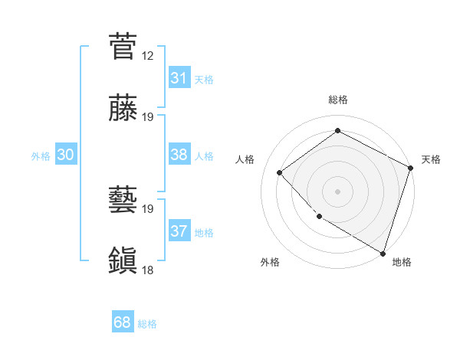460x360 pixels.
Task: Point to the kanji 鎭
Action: pos(123,261)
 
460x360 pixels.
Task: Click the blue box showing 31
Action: pos(179,77)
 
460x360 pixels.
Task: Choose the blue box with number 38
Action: pos(179,154)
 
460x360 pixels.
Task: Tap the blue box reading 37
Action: pos(179,231)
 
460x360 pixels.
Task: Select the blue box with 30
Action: pos(65,154)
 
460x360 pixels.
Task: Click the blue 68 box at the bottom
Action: pos(123,322)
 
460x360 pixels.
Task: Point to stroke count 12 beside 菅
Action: pos(148,55)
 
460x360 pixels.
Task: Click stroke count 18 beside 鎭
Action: pos(148,270)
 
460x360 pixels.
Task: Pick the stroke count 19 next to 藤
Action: pos(148,117)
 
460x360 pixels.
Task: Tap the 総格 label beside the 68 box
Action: pos(147,324)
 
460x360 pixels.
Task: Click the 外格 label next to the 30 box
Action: pos(41,155)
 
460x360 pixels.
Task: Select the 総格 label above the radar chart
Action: pos(338,100)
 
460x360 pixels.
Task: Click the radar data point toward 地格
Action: pos(383,252)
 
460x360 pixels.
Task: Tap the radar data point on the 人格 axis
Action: pos(280,172)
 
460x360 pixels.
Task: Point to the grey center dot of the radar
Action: pos(337,191)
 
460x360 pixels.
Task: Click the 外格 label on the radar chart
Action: pos(270,262)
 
